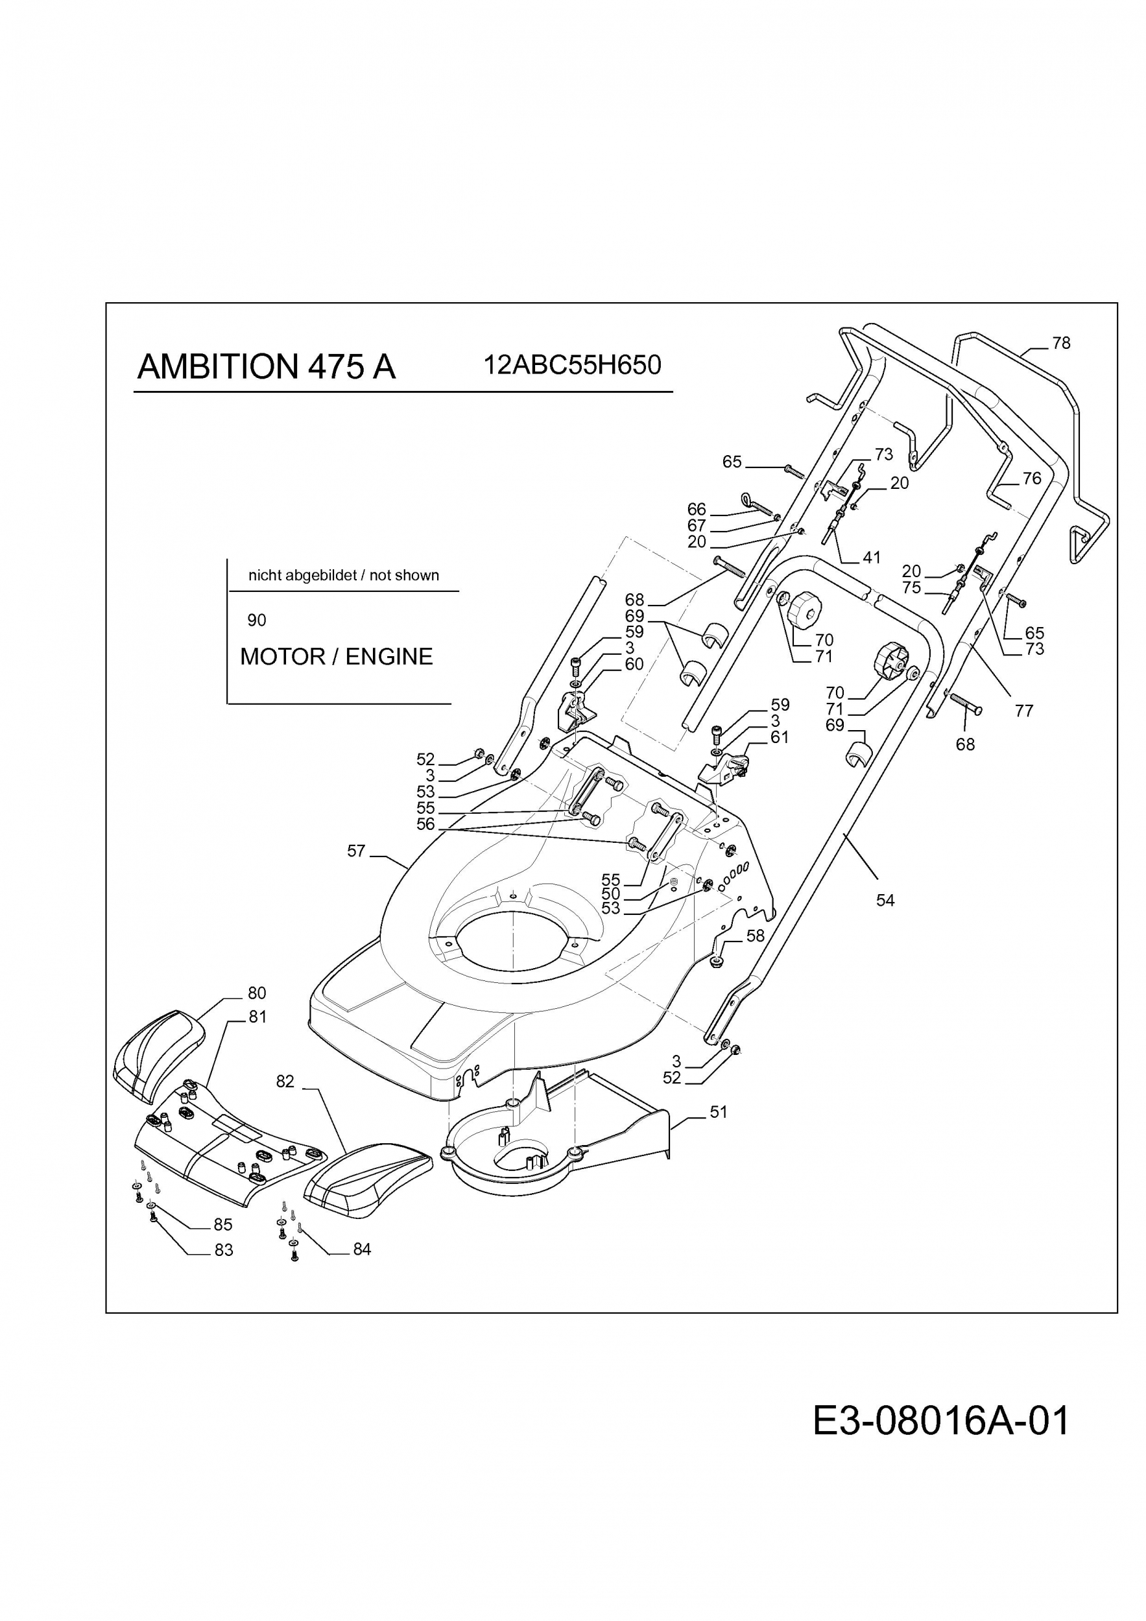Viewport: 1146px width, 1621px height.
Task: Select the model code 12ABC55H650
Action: click(x=572, y=365)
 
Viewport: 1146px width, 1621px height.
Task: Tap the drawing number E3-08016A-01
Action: click(x=941, y=1421)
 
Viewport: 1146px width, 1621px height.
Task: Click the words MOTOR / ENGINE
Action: click(x=336, y=657)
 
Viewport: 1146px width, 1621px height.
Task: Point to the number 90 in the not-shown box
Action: click(x=257, y=620)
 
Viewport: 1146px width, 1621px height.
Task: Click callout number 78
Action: click(x=1061, y=343)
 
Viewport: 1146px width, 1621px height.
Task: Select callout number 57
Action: click(x=357, y=851)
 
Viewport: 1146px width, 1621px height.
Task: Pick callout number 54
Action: click(x=885, y=900)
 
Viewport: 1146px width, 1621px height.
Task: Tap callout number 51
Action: click(x=718, y=1112)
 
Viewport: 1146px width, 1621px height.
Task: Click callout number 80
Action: click(x=257, y=993)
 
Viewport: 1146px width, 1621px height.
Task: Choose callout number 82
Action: click(x=285, y=1082)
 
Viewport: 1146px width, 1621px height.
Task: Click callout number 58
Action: click(x=756, y=936)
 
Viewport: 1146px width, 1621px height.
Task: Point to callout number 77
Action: click(x=1024, y=711)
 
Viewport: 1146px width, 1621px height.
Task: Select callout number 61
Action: click(x=780, y=737)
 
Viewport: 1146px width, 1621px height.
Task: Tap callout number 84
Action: click(x=363, y=1249)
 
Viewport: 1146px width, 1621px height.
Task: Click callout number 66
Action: click(x=697, y=509)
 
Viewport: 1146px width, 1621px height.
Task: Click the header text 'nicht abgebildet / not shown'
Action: click(x=344, y=575)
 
